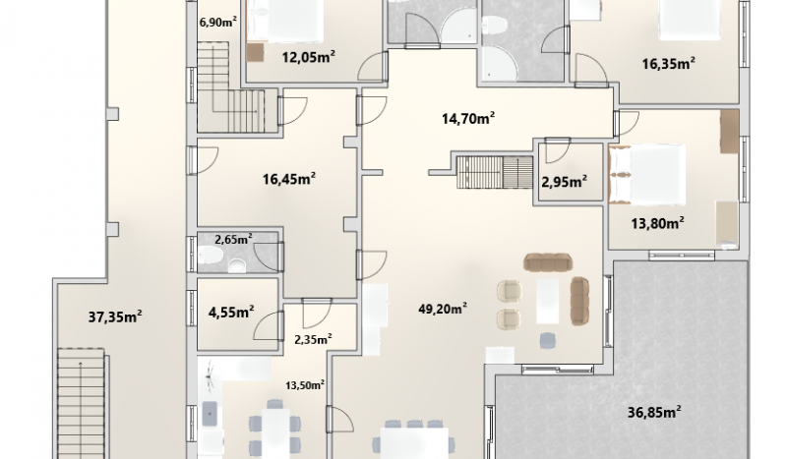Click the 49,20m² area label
443,308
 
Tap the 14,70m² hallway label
468,118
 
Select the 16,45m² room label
289,179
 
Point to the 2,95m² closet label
565,181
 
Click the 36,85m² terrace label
654,413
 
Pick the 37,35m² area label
115,316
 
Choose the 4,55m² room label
231,312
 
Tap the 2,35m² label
313,340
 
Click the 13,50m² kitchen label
305,385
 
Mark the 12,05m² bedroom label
309,57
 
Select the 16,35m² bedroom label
669,64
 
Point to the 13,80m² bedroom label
658,223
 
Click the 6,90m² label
218,22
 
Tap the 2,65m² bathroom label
233,239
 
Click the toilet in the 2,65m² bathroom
211,257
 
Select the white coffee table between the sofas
548,301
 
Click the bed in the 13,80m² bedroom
647,174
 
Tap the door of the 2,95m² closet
557,150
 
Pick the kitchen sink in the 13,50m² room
210,414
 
